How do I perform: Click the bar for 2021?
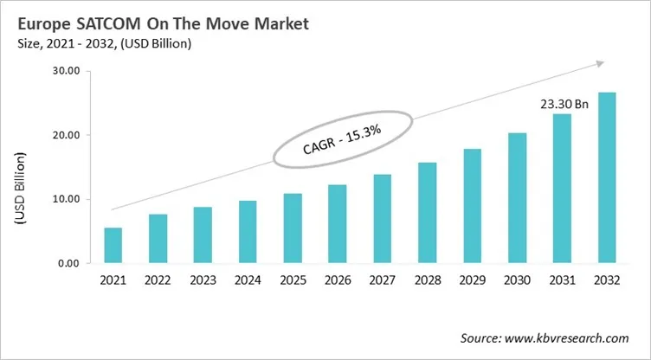[x=113, y=246]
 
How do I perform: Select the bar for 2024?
[x=248, y=232]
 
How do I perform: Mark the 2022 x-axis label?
[x=158, y=280]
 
